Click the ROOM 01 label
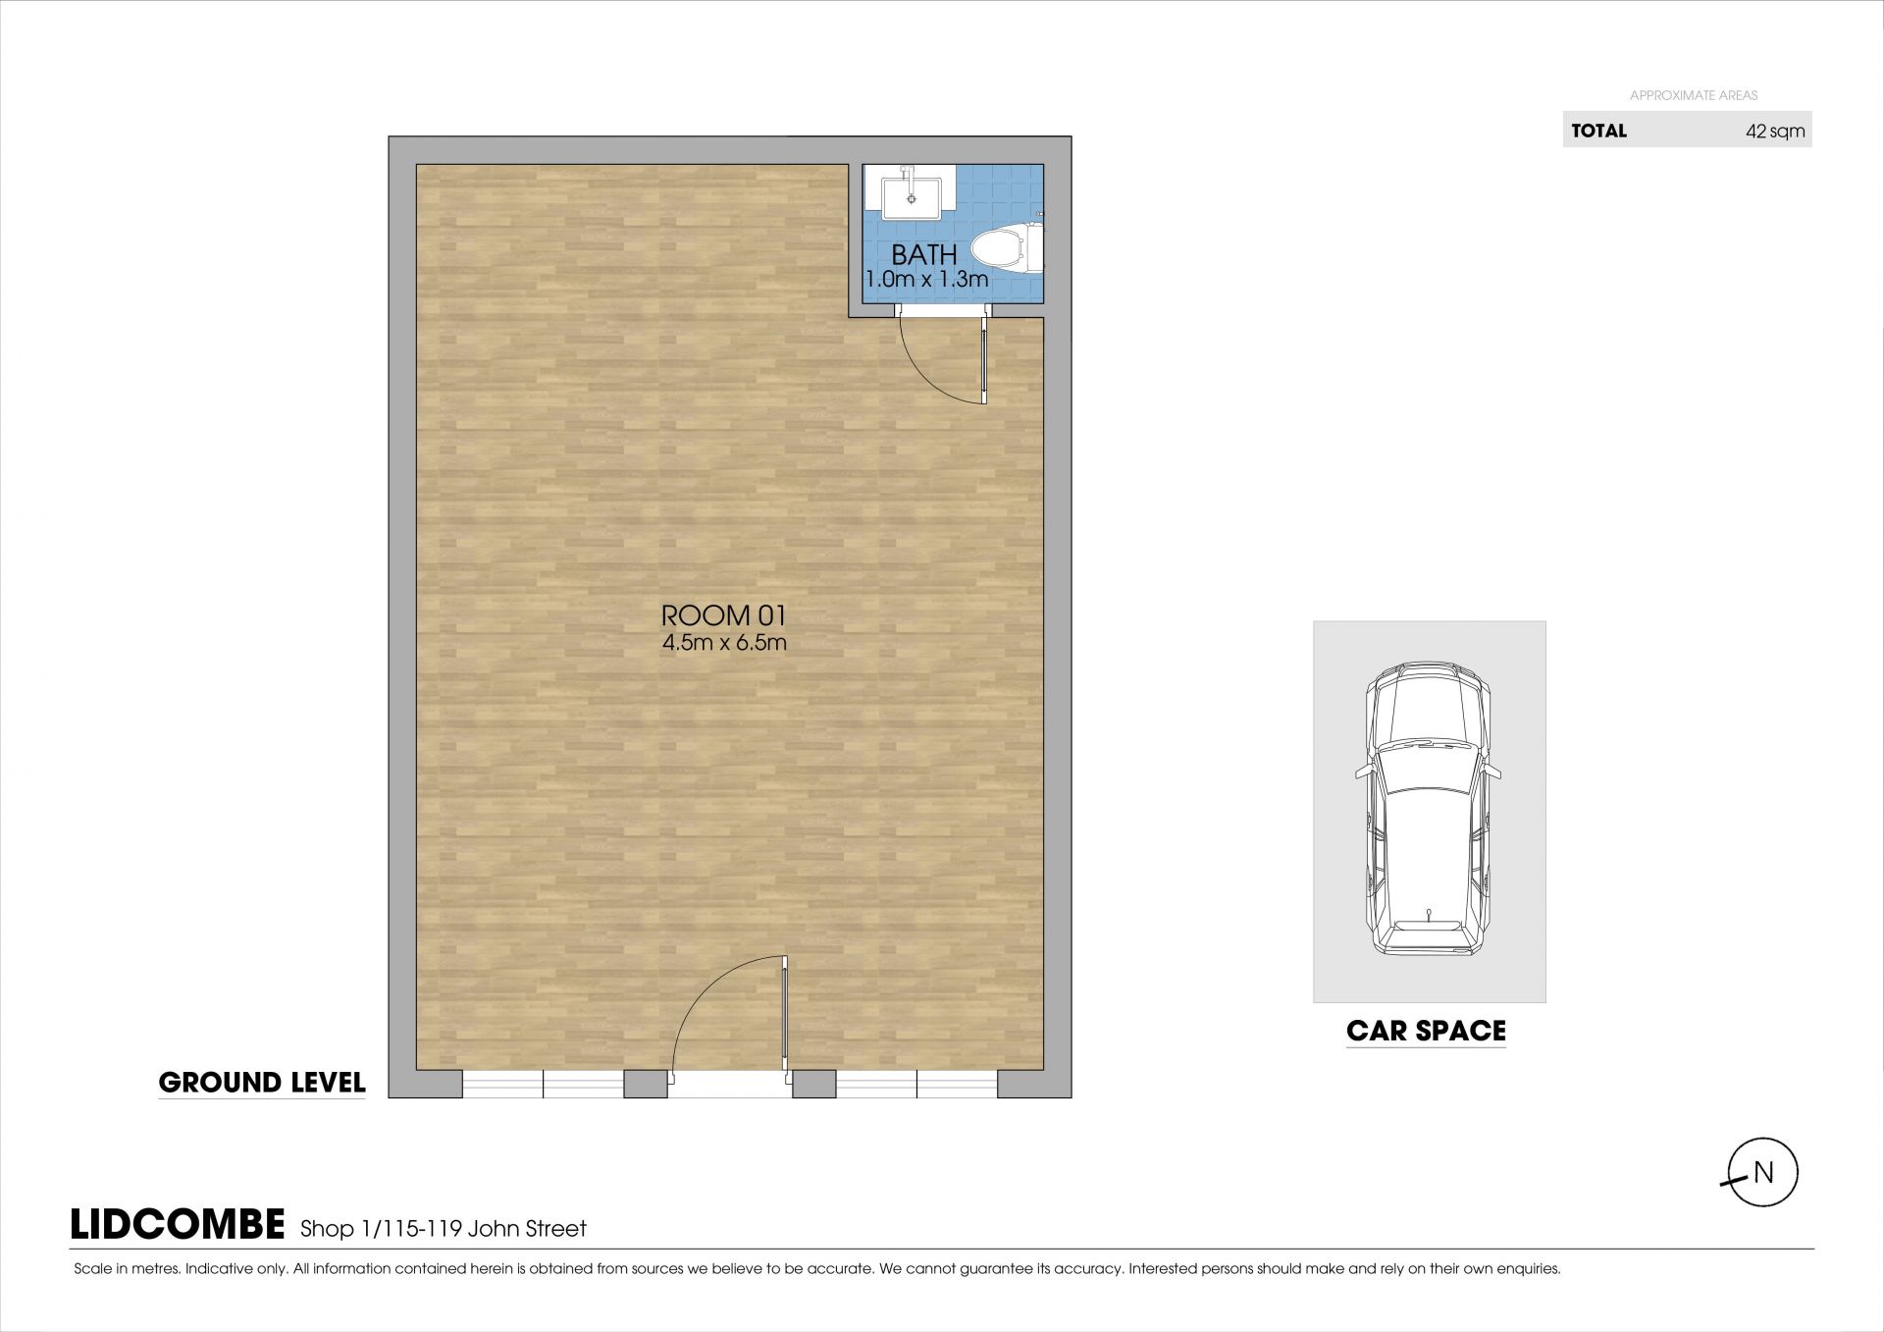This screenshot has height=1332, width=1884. [724, 615]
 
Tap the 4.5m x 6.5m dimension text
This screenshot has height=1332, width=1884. [724, 644]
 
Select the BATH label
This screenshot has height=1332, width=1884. [924, 254]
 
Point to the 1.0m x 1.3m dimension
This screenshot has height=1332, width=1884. [926, 280]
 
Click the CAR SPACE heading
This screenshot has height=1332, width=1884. [1426, 1031]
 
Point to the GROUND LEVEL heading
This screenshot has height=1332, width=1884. [262, 1083]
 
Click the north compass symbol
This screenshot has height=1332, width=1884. [1762, 1173]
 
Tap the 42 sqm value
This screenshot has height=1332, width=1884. [1775, 132]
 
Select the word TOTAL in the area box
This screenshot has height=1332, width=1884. [1598, 131]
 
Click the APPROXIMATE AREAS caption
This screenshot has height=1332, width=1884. [1694, 95]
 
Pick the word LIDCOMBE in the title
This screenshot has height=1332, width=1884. [178, 1225]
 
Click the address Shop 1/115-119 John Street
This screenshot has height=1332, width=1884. [444, 1229]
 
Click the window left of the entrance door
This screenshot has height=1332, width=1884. [543, 1084]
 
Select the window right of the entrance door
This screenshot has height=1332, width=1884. [916, 1084]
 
